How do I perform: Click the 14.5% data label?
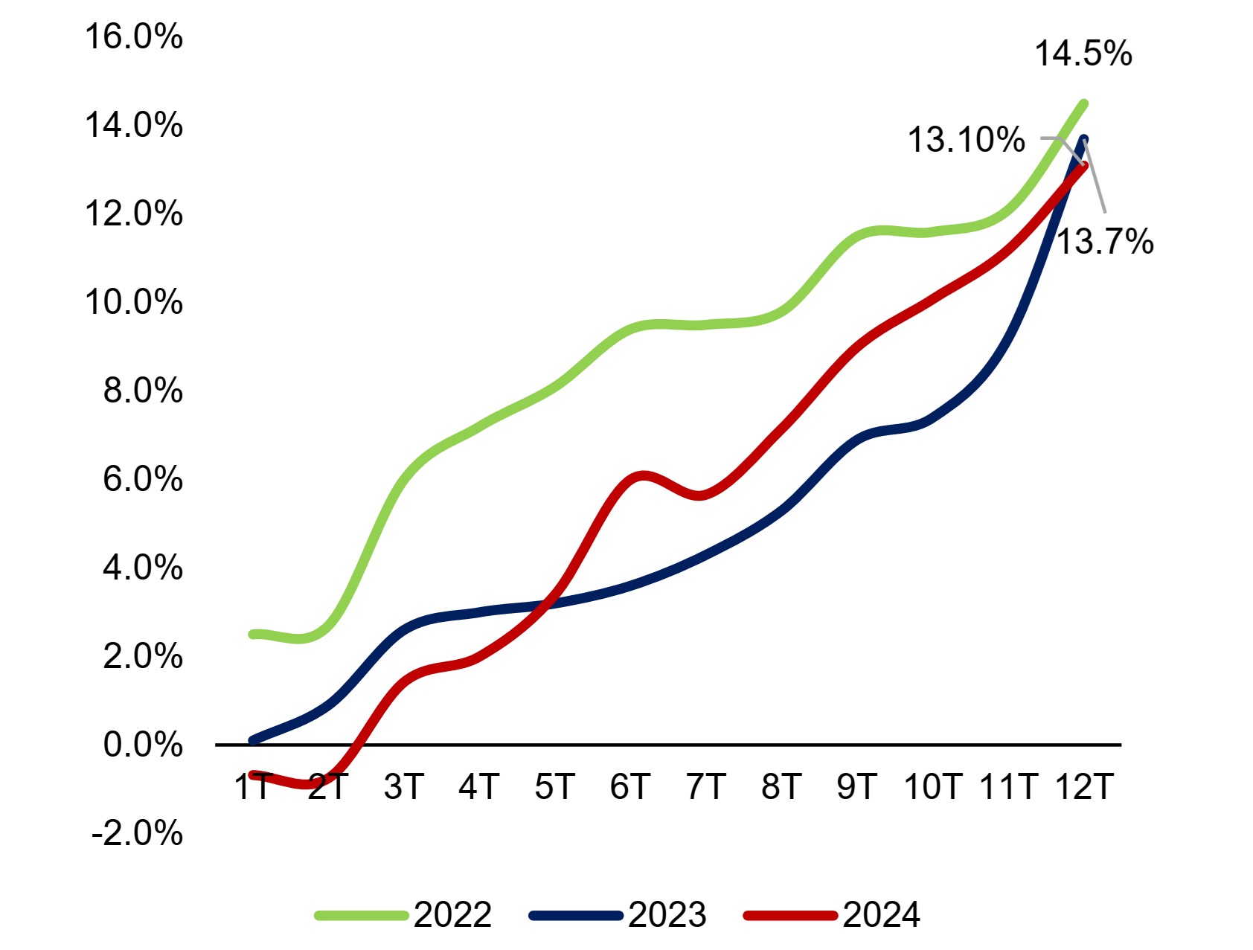(1083, 54)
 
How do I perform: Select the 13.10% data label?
(966, 140)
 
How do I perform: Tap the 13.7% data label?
(1105, 242)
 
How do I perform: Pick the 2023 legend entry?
(618, 914)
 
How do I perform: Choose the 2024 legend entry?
(832, 914)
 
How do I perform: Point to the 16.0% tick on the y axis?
(134, 36)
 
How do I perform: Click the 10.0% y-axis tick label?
(134, 302)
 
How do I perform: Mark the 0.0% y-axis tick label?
(143, 745)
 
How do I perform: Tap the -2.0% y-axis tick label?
(137, 833)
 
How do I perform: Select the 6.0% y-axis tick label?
(143, 479)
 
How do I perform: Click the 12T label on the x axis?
(1084, 786)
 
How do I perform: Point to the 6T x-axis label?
(630, 786)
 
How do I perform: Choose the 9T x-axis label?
(857, 786)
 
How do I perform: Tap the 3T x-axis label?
(404, 786)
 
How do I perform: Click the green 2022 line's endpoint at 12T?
(1084, 103)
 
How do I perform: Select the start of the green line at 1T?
(253, 634)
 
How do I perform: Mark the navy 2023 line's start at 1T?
(253, 740)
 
